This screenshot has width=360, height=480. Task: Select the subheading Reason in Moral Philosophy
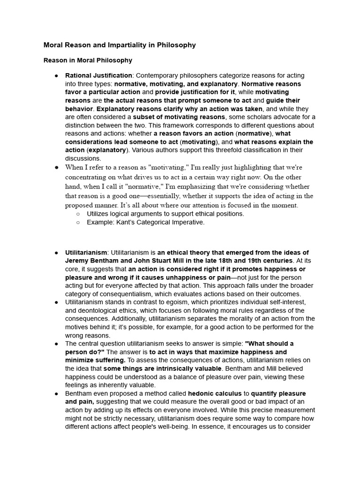[88, 60]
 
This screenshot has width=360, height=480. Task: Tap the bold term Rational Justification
[98, 75]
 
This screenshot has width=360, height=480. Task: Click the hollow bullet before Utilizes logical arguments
[78, 214]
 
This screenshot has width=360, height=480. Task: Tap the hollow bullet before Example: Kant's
[78, 222]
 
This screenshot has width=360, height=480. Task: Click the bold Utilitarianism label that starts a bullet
[86, 253]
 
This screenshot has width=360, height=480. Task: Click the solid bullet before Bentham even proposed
[56, 393]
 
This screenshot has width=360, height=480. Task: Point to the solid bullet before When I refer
[56, 167]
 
